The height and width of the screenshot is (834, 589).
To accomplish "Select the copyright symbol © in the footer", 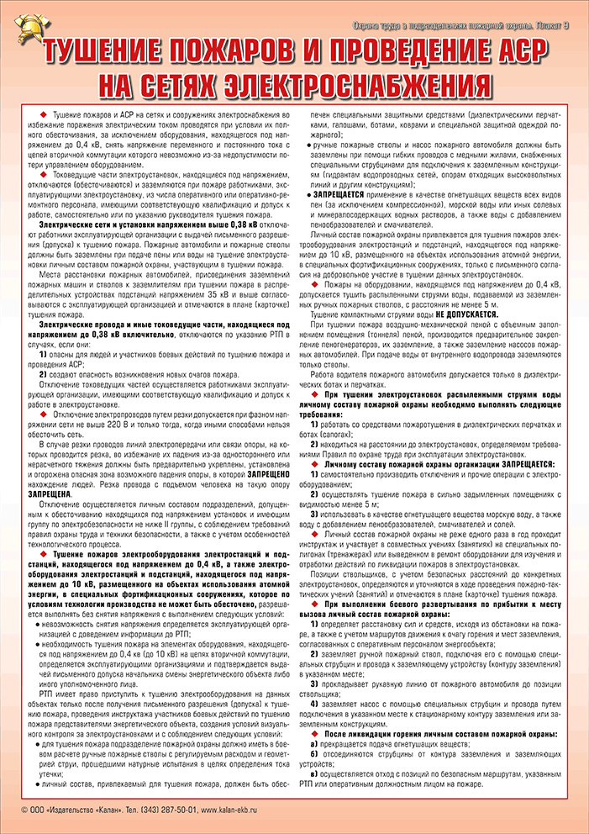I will (25, 809).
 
